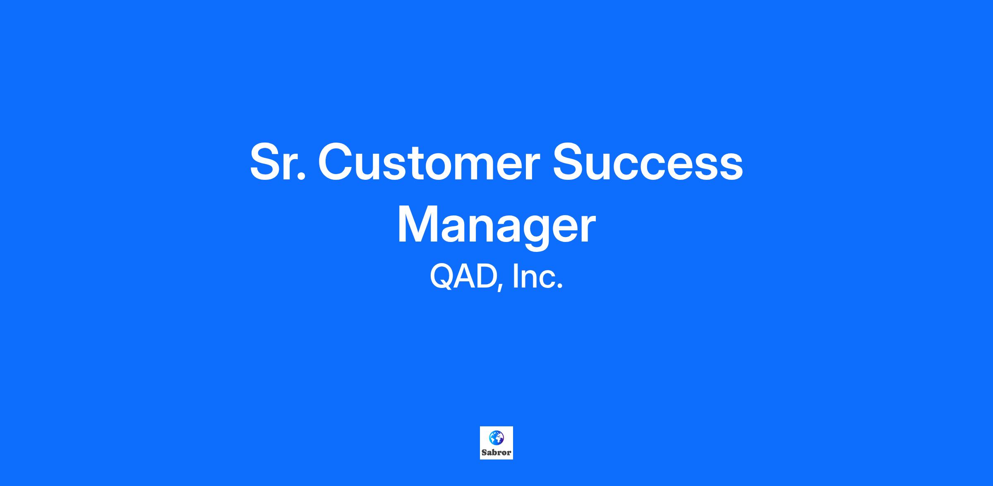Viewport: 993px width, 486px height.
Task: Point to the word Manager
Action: click(496, 226)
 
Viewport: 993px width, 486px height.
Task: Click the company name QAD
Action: click(463, 277)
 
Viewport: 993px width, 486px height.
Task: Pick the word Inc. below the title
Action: click(538, 277)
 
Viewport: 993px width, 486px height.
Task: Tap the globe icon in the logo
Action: click(496, 437)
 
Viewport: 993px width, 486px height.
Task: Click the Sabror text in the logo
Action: click(496, 452)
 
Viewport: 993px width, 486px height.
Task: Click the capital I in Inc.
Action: click(515, 276)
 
